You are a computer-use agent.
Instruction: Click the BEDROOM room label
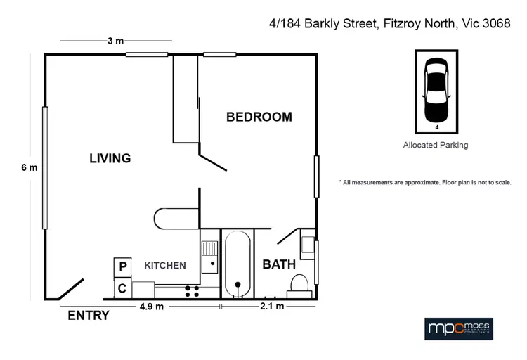coord(259,117)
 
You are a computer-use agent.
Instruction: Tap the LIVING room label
coord(110,158)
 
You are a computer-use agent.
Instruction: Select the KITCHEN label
coord(165,265)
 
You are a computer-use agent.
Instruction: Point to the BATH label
coord(279,265)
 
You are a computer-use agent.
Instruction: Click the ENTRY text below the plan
coord(88,316)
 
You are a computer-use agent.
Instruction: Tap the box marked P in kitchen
coord(122,267)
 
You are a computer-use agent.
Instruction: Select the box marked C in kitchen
coord(122,288)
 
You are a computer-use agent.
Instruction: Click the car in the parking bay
coord(436,90)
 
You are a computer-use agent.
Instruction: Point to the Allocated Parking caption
coord(436,146)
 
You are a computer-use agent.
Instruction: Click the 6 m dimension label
coord(29,167)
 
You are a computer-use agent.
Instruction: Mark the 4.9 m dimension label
coord(151,307)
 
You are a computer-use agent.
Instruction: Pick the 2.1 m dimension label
coord(271,307)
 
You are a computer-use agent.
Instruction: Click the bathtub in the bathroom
coord(238,264)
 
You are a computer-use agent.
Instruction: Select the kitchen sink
coord(209,257)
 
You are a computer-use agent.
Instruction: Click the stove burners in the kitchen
coord(192,289)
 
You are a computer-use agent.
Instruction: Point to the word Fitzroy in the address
coord(400,23)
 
